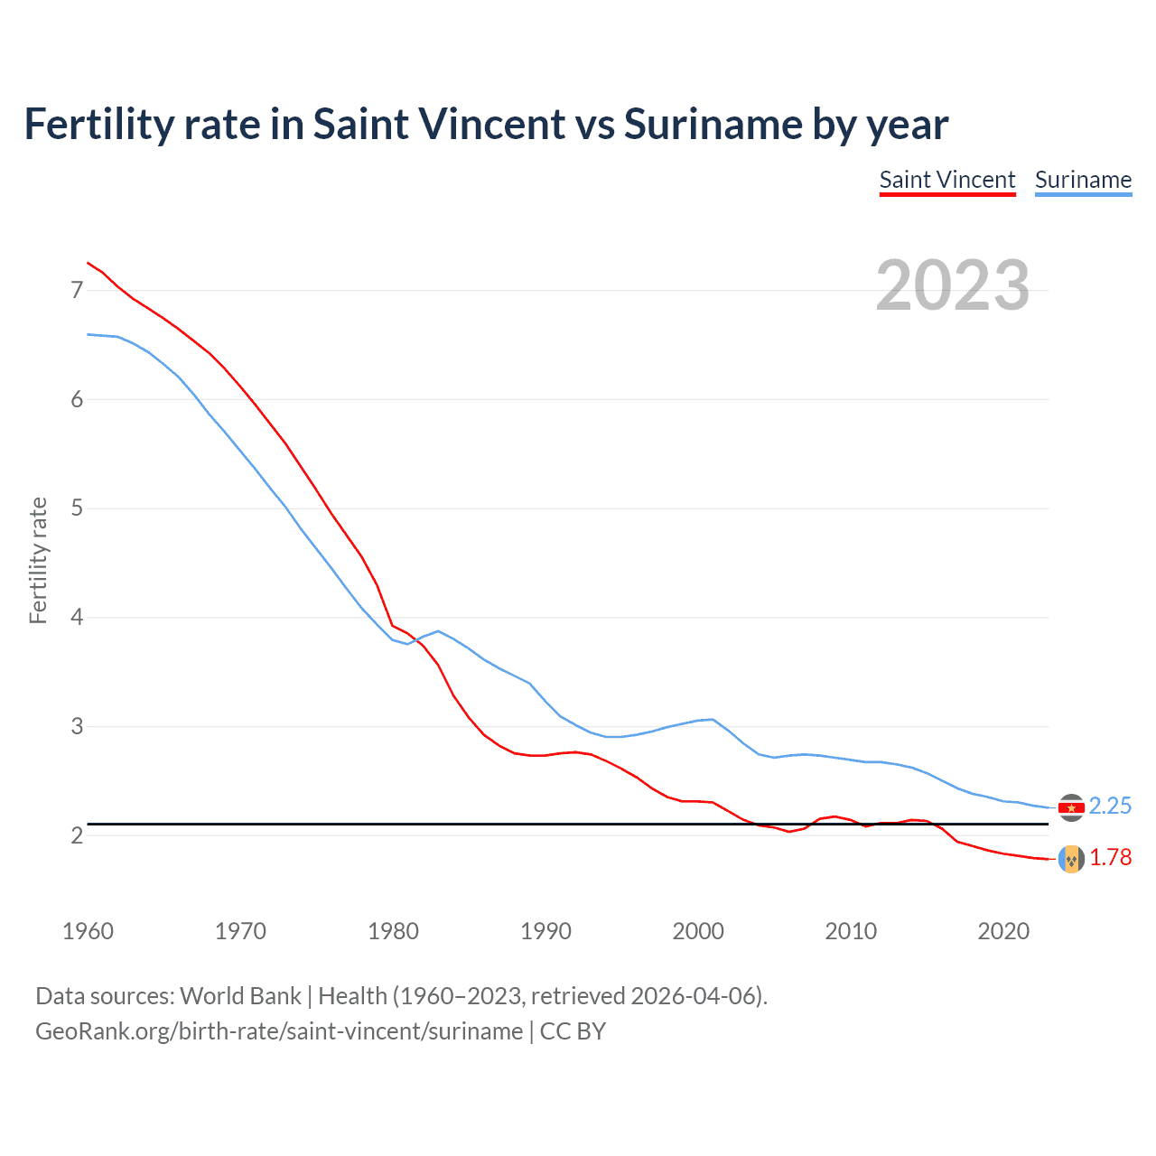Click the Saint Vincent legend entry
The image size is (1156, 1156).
tap(947, 180)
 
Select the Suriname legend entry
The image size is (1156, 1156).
tap(1083, 180)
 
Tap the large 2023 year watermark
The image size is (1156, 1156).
tap(953, 285)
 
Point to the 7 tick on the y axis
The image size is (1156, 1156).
tap(77, 290)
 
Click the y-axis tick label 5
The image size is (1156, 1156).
tap(77, 508)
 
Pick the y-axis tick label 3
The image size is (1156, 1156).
tap(77, 726)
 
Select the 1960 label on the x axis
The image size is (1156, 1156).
tap(88, 931)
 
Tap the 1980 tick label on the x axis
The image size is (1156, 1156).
tap(393, 931)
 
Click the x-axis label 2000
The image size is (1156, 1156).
tap(698, 931)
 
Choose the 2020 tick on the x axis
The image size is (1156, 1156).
tap(1003, 931)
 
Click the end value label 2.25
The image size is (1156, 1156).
tap(1110, 806)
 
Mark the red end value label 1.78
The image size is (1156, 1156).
tap(1110, 857)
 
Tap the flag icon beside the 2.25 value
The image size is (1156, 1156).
tap(1071, 807)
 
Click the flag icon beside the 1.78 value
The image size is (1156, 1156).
tap(1071, 859)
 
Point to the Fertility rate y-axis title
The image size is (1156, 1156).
tap(38, 560)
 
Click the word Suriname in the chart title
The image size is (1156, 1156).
tap(713, 125)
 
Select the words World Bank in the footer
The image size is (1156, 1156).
tap(240, 996)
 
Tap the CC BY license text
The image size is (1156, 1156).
tap(573, 1031)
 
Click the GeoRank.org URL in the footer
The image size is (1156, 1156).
tap(279, 1031)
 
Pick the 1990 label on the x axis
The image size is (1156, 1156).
tap(545, 931)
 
